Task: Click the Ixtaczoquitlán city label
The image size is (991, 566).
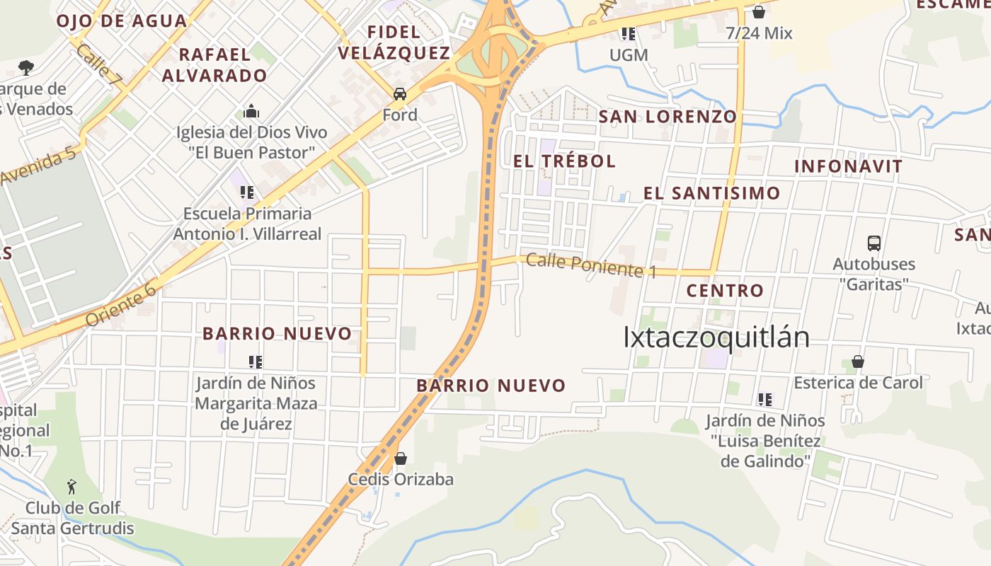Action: (x=716, y=337)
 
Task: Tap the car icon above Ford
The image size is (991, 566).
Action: (x=400, y=94)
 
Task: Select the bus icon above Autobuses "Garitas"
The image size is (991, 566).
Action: (x=874, y=243)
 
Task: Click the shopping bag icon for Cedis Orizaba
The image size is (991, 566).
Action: (x=401, y=458)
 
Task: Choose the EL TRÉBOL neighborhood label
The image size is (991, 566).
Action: (x=564, y=161)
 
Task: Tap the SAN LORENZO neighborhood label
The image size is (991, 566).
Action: (x=668, y=117)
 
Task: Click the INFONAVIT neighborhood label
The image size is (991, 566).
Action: (x=848, y=167)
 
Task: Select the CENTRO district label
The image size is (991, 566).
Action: (x=725, y=290)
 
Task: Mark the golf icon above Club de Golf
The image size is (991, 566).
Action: (x=71, y=487)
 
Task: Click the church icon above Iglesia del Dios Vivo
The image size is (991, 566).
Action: (x=251, y=112)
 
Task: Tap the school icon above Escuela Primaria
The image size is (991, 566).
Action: (x=247, y=192)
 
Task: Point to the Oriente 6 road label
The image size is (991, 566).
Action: (x=121, y=304)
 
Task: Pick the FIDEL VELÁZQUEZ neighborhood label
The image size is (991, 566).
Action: (x=394, y=42)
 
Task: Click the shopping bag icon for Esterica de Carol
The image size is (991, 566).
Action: (x=858, y=362)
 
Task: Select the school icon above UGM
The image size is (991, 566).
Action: (x=628, y=33)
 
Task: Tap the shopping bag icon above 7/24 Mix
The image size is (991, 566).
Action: (x=759, y=12)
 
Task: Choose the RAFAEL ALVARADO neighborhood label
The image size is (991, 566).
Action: (x=214, y=64)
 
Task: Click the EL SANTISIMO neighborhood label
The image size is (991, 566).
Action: (x=711, y=193)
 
